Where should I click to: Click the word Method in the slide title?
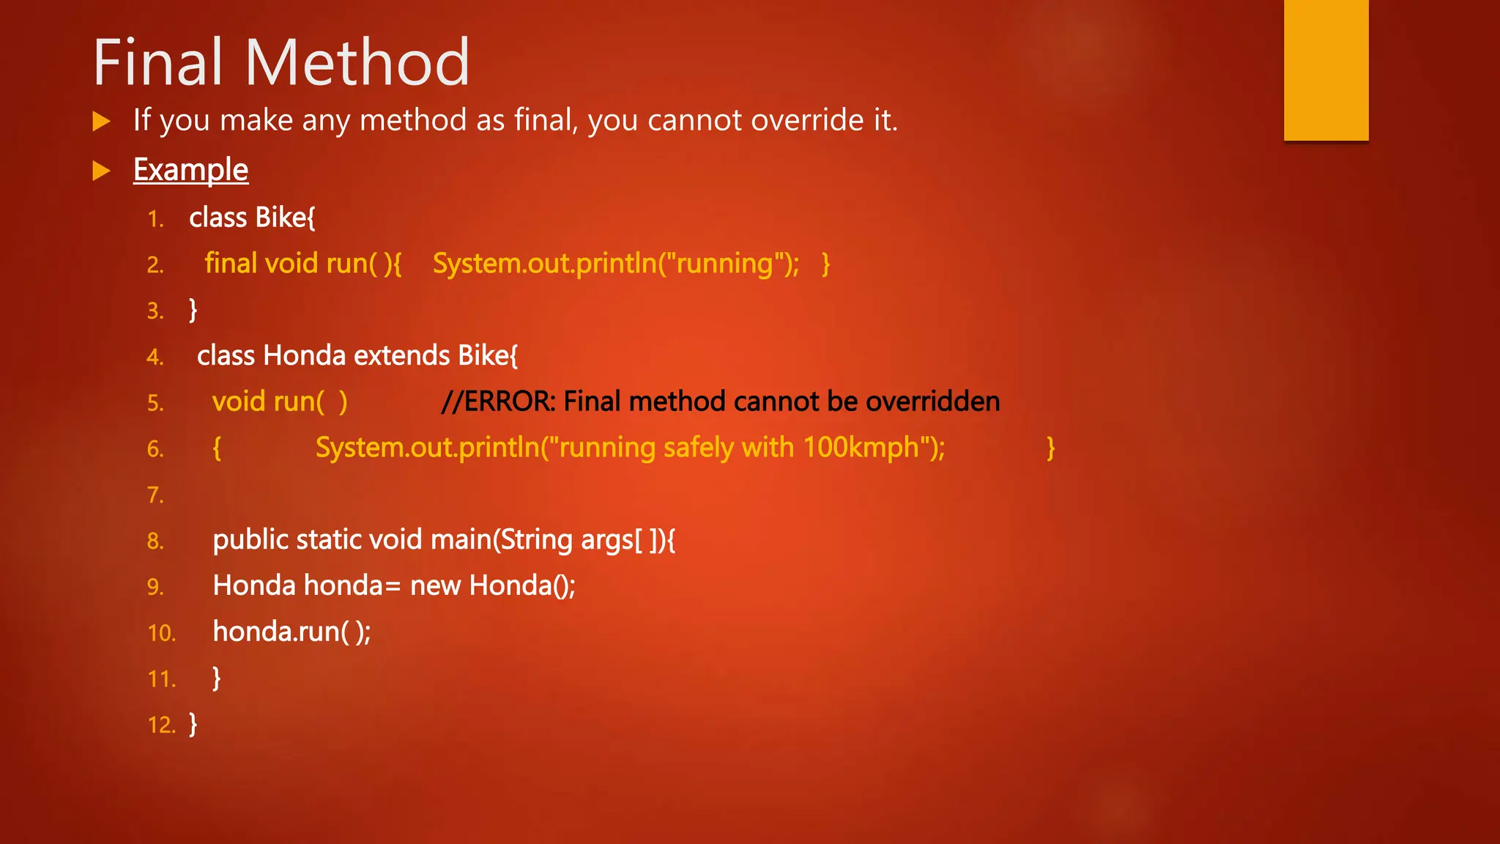(x=357, y=63)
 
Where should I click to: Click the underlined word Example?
(x=190, y=170)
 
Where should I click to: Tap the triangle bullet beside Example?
(x=101, y=171)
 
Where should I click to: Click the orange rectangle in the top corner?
(x=1326, y=70)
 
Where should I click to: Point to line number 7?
(x=155, y=495)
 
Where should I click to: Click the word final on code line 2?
(x=231, y=263)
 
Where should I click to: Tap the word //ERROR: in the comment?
(x=498, y=401)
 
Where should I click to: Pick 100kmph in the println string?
(x=861, y=448)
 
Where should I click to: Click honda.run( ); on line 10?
(x=292, y=632)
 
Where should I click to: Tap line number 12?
(x=161, y=725)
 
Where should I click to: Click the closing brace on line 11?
(x=216, y=678)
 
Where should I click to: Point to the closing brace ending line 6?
(x=1050, y=448)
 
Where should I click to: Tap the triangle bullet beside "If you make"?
(x=101, y=121)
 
